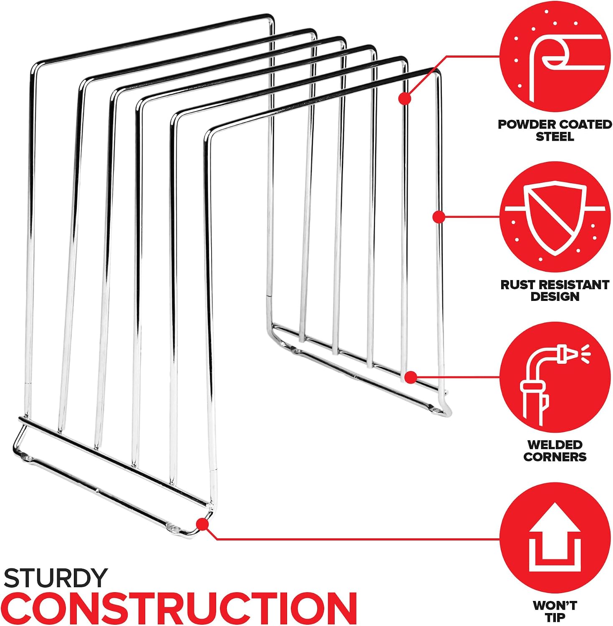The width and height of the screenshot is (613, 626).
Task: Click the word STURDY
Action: [55, 578]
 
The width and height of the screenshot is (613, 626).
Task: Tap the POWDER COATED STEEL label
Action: [555, 130]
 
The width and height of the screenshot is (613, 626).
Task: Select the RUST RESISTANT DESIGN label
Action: [555, 290]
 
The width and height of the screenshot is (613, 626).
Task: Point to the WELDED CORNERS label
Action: [555, 450]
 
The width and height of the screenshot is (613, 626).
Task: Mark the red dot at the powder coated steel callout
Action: [404, 98]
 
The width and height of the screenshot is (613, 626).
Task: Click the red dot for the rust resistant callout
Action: [438, 217]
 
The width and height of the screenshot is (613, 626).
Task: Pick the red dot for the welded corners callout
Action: [411, 377]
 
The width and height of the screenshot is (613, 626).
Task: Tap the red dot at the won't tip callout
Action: [202, 524]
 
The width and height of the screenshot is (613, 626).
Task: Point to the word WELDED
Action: [555, 444]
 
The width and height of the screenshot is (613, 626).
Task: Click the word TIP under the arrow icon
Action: [555, 617]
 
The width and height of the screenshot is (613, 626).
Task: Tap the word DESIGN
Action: [555, 297]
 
